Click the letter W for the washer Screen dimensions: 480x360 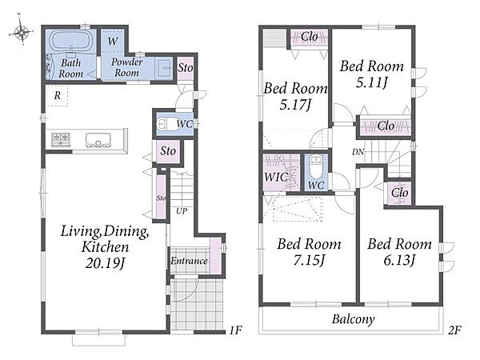[x=113, y=41]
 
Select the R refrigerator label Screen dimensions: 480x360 [x=58, y=96]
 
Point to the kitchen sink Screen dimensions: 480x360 [x=98, y=140]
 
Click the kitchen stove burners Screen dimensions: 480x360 [x=61, y=139]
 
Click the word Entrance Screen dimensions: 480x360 [x=189, y=261]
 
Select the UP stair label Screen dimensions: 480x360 [x=182, y=210]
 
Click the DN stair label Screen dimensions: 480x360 [x=358, y=151]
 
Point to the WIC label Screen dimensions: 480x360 [x=276, y=177]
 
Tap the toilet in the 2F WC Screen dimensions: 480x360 [x=316, y=166]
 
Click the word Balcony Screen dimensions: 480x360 [x=354, y=319]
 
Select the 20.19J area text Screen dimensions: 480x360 [x=106, y=263]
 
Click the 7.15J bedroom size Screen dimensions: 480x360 [x=309, y=260]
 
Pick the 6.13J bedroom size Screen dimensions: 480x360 [x=399, y=260]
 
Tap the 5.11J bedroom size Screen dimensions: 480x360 [x=372, y=82]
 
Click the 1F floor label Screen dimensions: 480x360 [x=236, y=330]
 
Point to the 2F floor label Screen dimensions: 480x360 [x=454, y=330]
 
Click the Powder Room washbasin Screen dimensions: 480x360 [x=165, y=66]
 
